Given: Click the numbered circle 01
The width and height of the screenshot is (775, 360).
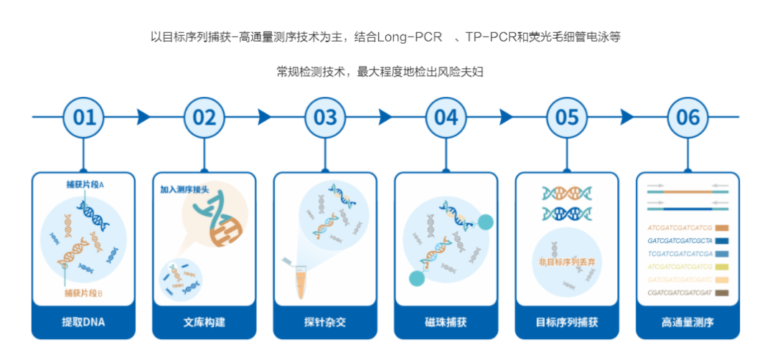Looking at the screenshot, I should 84,117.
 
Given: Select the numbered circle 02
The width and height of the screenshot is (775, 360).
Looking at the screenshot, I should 205,117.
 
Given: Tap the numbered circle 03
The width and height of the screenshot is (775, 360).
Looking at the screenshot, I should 325,117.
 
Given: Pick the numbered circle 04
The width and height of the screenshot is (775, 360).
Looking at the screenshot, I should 446,117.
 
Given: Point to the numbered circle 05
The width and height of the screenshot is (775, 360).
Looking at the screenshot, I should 567,117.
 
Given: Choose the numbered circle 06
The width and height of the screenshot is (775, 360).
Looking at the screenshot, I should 687,117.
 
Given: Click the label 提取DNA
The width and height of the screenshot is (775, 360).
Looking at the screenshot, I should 84,322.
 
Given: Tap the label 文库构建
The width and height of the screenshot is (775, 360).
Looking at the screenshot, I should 205,322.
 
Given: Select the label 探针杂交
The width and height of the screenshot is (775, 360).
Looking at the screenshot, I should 325,322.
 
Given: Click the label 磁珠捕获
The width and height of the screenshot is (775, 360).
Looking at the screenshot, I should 446,322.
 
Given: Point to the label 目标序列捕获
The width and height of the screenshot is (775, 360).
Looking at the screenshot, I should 567,322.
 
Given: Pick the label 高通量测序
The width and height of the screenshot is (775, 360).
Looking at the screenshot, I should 687,322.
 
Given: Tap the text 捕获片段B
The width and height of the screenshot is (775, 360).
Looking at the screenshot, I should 84,293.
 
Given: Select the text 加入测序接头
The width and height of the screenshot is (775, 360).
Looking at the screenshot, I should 184,190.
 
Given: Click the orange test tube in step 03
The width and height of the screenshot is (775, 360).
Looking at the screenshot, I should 301,283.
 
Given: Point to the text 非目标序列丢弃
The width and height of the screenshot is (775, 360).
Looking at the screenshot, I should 567,262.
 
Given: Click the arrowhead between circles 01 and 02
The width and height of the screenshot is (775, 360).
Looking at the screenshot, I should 144,117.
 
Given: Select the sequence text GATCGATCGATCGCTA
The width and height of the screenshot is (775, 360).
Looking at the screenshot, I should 679,240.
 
